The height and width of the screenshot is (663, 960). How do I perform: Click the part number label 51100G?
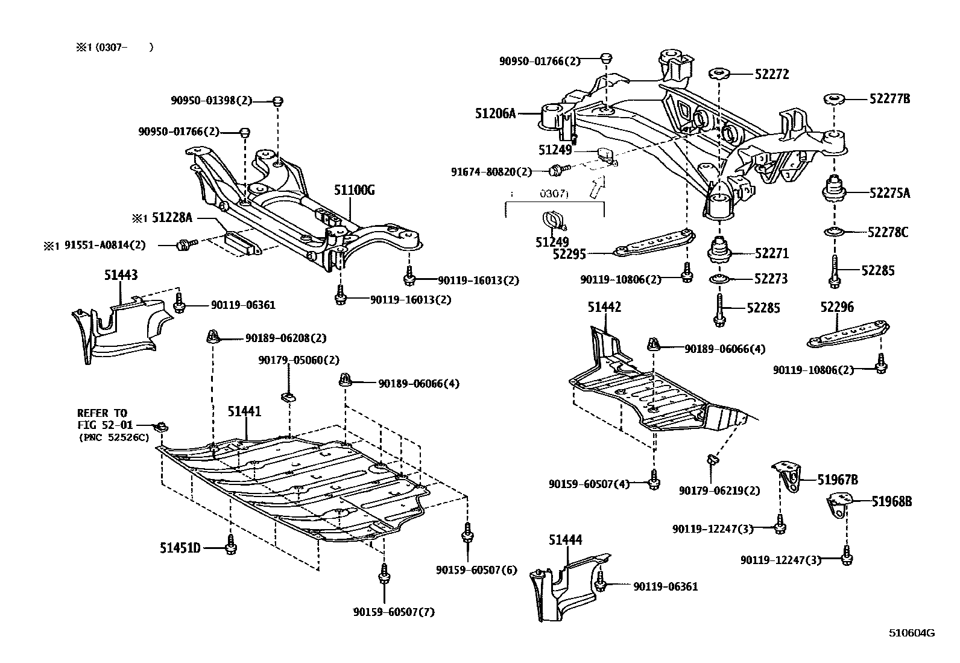355,191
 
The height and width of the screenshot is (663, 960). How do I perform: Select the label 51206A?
495,113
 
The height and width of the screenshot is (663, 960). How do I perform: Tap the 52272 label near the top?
771,74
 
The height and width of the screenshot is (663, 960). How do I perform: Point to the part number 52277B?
889,99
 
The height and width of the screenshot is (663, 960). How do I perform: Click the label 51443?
120,275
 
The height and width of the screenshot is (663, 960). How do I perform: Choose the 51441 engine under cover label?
244,411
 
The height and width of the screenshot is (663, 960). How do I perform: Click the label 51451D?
180,548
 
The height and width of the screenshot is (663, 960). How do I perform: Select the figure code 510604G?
911,633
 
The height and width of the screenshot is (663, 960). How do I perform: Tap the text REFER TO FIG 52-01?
103,419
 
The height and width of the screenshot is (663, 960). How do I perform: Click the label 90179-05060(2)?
298,360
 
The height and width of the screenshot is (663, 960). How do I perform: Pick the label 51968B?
891,501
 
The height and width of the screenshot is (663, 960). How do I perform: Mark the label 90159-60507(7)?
394,612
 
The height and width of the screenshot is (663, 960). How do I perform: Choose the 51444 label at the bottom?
565,540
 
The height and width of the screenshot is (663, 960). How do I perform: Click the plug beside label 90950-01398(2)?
277,101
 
